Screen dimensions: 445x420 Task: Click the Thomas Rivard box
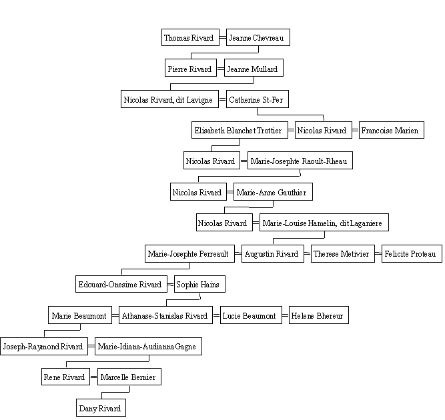(x=190, y=37)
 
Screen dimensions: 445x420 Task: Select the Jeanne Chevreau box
(x=258, y=37)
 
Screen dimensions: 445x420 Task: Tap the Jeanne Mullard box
(x=254, y=68)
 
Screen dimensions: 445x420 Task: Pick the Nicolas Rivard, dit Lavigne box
(x=169, y=99)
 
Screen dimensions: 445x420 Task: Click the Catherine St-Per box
(x=258, y=99)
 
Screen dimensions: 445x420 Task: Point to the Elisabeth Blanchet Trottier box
(x=240, y=130)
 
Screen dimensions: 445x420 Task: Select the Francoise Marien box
(x=392, y=130)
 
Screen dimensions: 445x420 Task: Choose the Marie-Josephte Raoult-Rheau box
(x=300, y=161)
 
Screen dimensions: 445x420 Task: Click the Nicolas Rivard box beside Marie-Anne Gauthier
(x=198, y=192)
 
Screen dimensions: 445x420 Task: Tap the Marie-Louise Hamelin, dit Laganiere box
(x=324, y=223)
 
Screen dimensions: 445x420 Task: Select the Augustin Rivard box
(x=273, y=254)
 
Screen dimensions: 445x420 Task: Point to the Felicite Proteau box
(x=412, y=254)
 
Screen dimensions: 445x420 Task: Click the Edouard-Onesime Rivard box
(x=121, y=284)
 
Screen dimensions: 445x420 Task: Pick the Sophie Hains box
(x=199, y=284)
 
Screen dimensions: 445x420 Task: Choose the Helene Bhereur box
(x=319, y=315)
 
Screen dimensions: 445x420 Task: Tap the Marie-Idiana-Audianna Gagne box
(x=148, y=346)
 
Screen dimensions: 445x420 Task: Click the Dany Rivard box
(x=101, y=407)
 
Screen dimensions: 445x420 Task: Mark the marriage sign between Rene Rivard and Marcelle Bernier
(x=93, y=377)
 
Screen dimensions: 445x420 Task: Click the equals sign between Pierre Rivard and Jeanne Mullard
(x=221, y=69)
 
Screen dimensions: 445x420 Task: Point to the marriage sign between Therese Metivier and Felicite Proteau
(x=378, y=253)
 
